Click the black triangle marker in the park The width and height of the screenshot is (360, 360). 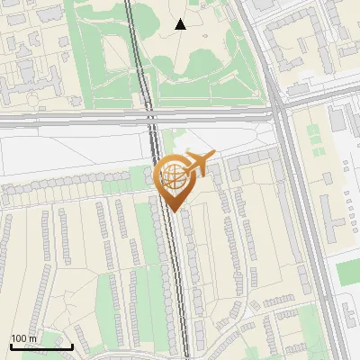(x=181, y=24)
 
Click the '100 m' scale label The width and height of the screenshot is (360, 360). (x=24, y=338)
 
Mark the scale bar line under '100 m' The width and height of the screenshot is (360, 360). (x=41, y=346)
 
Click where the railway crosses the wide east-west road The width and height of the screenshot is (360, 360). (x=150, y=116)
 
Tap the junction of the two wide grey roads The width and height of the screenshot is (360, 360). (x=278, y=113)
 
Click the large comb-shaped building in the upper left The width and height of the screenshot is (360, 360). (x=27, y=85)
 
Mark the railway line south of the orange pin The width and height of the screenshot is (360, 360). (x=179, y=288)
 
